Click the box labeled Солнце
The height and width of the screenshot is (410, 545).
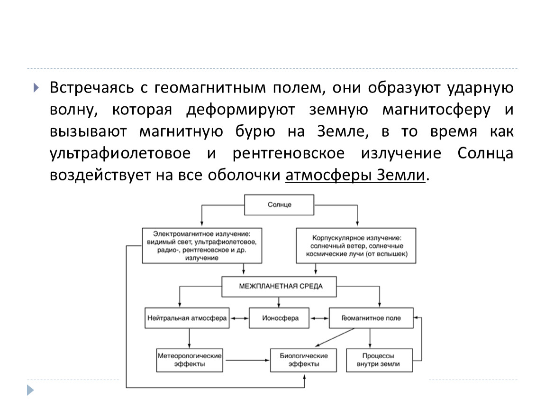279,205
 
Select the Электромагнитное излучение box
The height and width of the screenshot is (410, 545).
202,245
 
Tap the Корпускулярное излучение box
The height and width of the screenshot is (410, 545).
356,245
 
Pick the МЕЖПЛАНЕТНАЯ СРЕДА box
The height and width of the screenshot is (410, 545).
279,287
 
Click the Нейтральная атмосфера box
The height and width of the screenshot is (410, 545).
187,318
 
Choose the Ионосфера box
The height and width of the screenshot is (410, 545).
279,318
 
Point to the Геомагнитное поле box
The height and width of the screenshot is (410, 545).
371,318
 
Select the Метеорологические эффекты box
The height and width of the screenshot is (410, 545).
190,360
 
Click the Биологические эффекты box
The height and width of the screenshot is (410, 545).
303,360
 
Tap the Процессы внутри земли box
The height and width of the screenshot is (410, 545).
380,360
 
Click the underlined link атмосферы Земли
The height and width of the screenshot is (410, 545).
355,175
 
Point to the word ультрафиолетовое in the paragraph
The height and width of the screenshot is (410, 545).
120,153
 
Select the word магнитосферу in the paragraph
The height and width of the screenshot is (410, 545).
436,110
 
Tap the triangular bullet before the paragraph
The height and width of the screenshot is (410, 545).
36,88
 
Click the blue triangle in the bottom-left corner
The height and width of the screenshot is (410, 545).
31,390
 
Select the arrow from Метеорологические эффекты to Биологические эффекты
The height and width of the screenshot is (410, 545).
246,360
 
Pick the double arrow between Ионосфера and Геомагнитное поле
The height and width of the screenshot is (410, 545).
319,318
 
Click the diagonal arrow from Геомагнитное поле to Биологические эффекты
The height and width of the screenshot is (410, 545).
335,337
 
